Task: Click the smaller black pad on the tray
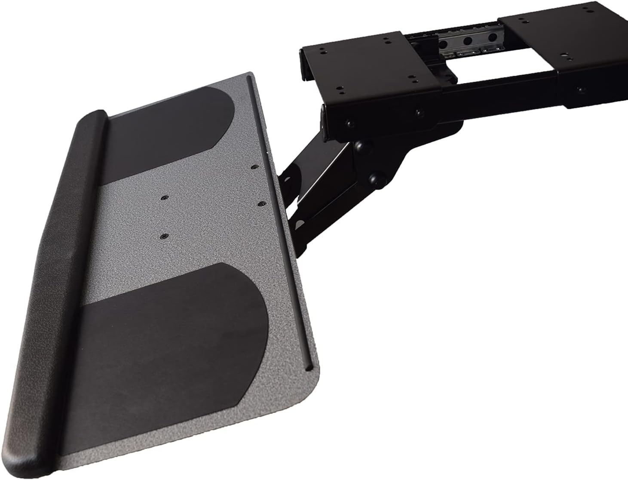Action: [x=172, y=138]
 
